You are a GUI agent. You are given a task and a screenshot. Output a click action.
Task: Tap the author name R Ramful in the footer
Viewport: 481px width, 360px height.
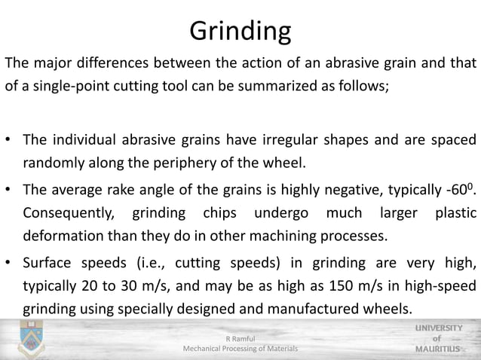pos(240,339)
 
